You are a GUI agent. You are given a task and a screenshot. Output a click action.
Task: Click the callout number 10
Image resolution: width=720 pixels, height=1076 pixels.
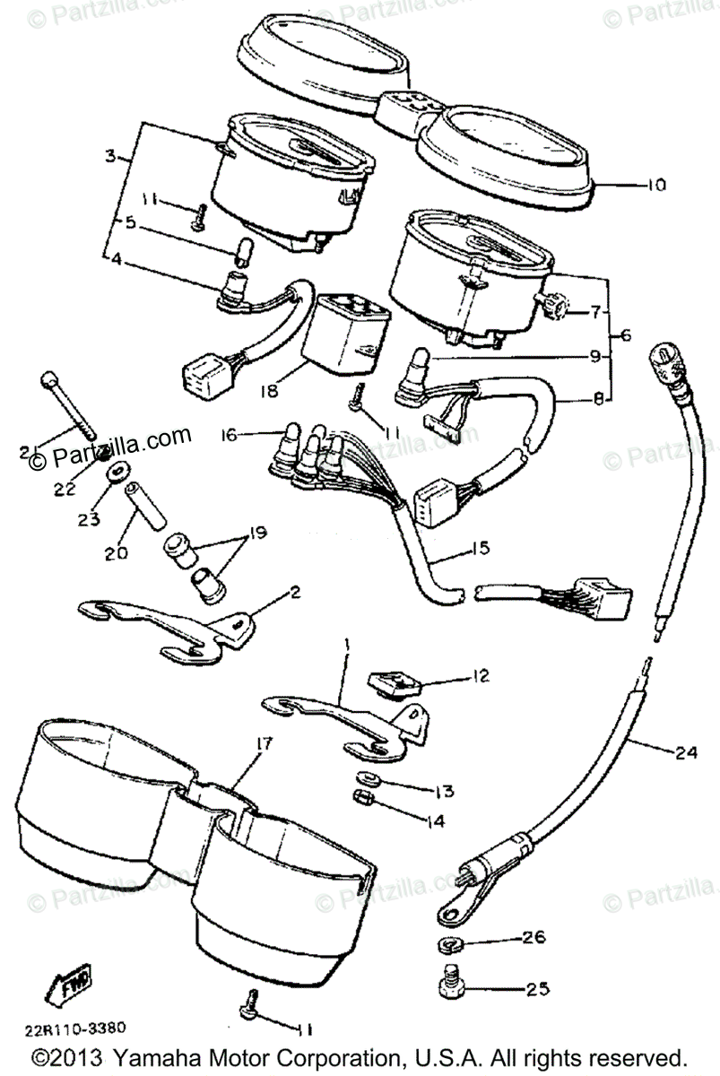click(x=656, y=187)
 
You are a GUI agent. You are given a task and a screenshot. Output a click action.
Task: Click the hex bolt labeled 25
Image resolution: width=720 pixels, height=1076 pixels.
click(x=452, y=987)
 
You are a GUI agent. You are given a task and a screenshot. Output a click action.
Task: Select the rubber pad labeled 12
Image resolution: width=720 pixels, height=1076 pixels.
click(x=395, y=686)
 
